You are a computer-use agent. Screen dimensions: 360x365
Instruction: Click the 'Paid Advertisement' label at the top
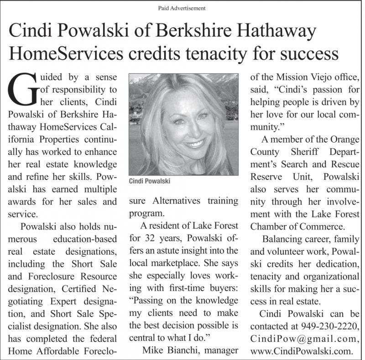point(182,8)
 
